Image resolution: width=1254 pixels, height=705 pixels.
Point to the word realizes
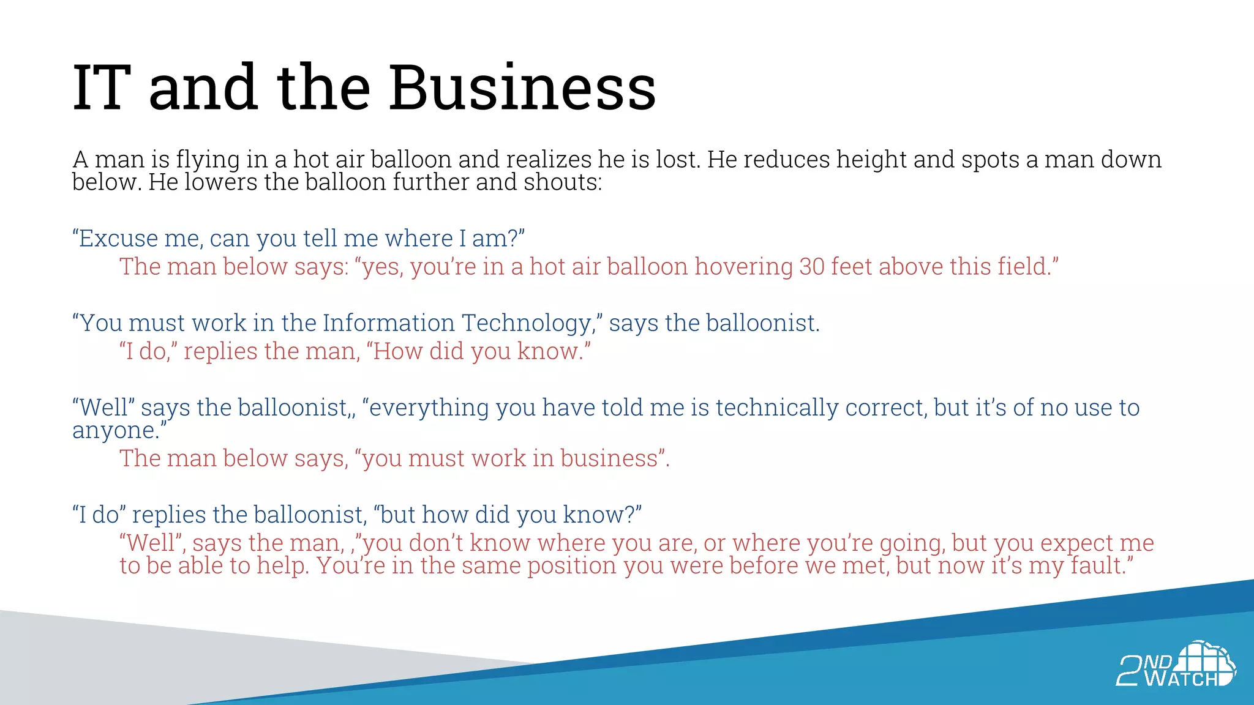tap(549, 160)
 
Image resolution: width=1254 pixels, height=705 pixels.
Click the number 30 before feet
tap(812, 267)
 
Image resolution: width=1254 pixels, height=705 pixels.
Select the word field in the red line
tap(1021, 267)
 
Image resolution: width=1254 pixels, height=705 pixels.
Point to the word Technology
tap(527, 324)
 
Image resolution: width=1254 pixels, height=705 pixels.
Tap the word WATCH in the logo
tap(1181, 679)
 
